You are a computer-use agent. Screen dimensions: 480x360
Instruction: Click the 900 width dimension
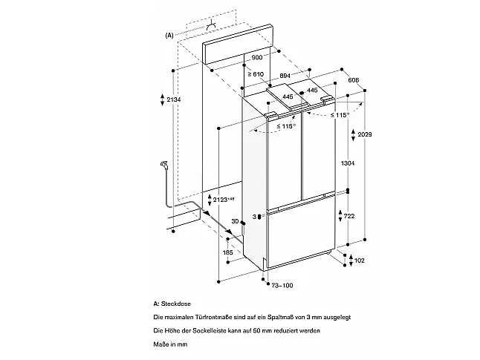tap(257, 57)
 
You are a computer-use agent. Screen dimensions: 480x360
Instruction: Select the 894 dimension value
tap(285, 76)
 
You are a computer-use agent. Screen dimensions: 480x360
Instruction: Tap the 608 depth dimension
tap(354, 80)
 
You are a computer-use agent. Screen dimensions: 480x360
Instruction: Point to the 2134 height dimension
tap(174, 99)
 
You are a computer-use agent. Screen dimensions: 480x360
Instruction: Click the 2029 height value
tap(365, 134)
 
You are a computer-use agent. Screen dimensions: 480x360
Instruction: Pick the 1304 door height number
tap(348, 163)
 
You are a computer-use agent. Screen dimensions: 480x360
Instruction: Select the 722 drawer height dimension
tap(349, 216)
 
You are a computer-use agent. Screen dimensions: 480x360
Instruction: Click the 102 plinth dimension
tap(359, 261)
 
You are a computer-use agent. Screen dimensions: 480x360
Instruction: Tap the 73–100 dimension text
tap(282, 285)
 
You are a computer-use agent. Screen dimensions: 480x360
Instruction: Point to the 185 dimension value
tap(228, 252)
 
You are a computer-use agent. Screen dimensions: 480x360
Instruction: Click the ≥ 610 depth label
tap(256, 74)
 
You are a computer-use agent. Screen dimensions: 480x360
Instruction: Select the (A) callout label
tap(169, 35)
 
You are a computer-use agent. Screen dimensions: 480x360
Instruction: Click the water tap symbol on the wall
tap(164, 165)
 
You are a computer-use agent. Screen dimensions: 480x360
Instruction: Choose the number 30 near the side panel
tap(235, 221)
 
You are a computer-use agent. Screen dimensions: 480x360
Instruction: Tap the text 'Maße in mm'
tap(170, 344)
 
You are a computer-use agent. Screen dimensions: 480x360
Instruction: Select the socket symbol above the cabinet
tap(211, 27)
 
